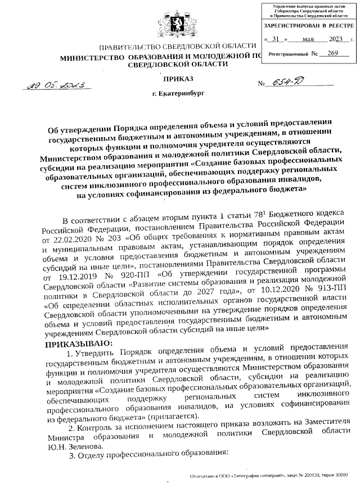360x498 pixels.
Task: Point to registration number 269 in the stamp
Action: [x=332, y=53]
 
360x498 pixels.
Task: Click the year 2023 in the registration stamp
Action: [x=336, y=40]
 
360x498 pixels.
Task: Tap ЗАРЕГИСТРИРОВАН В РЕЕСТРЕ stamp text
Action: [x=309, y=26]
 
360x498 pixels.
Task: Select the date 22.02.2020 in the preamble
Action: [x=76, y=238]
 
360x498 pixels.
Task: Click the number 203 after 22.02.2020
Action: [x=121, y=238]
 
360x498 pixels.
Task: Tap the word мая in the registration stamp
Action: [x=307, y=40]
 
